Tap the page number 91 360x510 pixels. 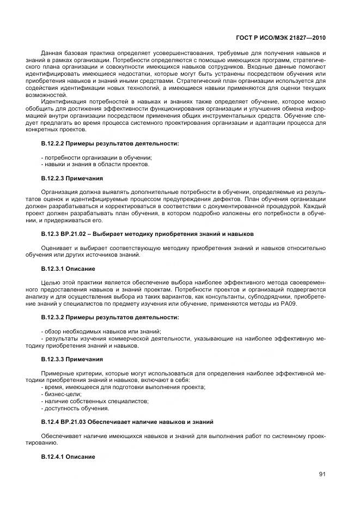322,474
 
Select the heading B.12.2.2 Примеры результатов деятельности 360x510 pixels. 102,143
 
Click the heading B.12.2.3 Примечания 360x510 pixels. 72,178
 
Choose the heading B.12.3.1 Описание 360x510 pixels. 68,269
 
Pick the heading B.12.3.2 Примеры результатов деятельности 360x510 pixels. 102,317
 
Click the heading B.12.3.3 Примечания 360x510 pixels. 72,360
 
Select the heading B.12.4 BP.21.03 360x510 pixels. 127,422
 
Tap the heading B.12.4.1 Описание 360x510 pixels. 68,457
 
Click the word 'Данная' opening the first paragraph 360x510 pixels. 53,52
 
